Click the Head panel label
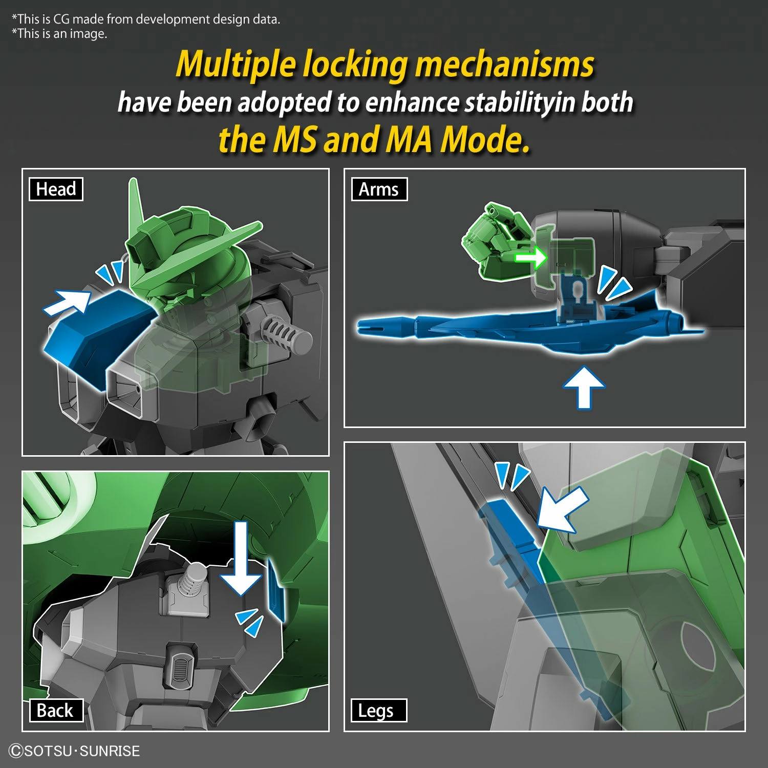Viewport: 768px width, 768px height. (x=56, y=189)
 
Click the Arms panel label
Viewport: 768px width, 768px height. (x=379, y=189)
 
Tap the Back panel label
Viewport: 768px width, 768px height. (x=55, y=711)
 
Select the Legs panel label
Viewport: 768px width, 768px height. (x=376, y=711)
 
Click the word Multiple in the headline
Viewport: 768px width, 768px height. (x=236, y=66)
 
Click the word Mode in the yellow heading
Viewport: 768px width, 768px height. (x=484, y=140)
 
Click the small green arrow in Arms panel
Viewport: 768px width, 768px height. (x=531, y=258)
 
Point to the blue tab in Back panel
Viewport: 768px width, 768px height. (x=276, y=594)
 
